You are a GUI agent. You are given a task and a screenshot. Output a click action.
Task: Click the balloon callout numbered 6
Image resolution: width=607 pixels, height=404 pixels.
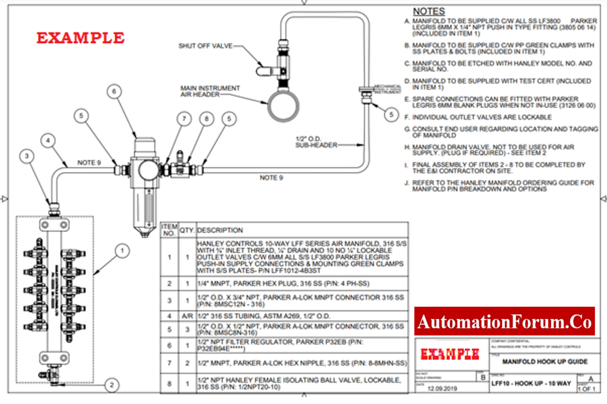click(114, 92)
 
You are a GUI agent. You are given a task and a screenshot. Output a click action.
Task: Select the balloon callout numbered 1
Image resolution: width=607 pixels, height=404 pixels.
click(122, 251)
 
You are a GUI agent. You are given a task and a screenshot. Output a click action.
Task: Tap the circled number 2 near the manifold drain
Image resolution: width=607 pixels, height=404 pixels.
click(112, 385)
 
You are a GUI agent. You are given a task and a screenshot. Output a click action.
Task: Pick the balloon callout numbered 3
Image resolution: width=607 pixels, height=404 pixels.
click(27, 156)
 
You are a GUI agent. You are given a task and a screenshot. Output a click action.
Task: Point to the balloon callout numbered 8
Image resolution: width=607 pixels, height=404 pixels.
click(206, 119)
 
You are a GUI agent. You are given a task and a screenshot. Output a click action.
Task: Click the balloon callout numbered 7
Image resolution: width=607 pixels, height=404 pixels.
click(184, 119)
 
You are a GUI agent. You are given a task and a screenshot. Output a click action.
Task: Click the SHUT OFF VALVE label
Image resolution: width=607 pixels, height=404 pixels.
click(205, 46)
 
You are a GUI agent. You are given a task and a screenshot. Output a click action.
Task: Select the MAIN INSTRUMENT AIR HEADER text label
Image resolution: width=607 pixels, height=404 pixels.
click(210, 91)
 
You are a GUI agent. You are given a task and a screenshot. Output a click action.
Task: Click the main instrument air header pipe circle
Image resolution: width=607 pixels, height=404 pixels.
click(283, 106)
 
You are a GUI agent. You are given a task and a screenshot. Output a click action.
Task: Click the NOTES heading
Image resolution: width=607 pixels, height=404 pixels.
click(429, 11)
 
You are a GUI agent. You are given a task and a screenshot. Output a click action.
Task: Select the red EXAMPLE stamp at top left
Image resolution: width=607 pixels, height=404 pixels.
click(81, 38)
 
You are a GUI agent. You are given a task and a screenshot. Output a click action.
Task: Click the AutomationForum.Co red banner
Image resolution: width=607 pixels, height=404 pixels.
click(504, 321)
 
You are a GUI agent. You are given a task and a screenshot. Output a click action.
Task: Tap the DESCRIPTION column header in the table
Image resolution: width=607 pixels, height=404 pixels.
click(220, 230)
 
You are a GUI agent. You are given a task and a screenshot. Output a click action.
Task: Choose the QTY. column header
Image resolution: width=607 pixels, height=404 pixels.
click(187, 230)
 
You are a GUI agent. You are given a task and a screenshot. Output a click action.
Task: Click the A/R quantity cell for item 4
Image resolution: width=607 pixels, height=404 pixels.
click(187, 316)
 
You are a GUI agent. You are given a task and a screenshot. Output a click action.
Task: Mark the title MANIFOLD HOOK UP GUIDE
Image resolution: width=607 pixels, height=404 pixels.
click(545, 361)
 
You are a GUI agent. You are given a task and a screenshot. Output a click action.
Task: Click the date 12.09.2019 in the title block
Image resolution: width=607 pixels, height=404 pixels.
click(442, 389)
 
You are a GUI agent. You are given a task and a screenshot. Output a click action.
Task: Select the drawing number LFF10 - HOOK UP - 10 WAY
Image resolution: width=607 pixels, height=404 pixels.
click(531, 383)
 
